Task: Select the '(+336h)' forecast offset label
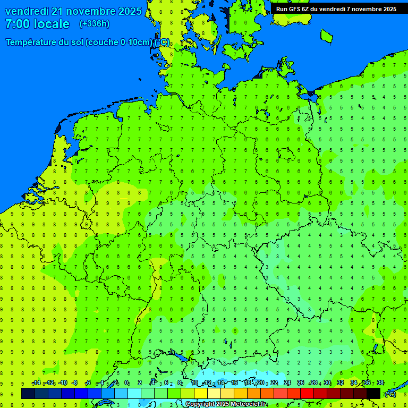[x=95, y=24]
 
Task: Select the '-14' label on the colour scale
[x=36, y=383]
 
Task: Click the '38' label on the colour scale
[x=380, y=383]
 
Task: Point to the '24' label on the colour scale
[x=287, y=383]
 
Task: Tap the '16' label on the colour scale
[x=234, y=383]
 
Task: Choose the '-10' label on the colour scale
[x=62, y=383]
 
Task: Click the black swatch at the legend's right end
[x=373, y=393]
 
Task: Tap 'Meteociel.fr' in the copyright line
[x=249, y=404]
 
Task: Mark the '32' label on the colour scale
[x=341, y=383]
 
